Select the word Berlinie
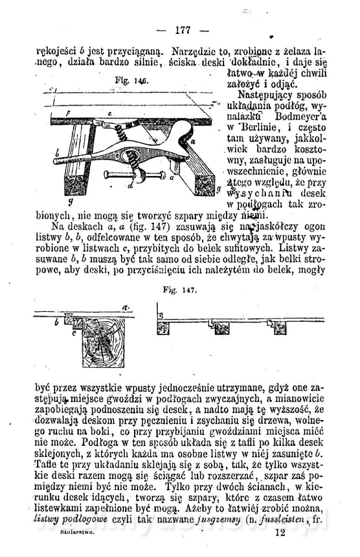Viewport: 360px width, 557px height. [257, 127]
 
